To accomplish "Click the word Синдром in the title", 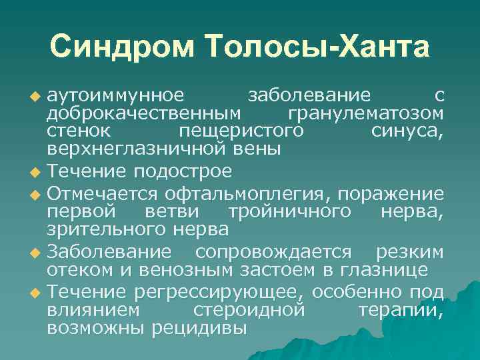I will tap(123, 47).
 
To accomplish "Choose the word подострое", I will tap(183, 171).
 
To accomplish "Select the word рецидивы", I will tap(199, 328).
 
